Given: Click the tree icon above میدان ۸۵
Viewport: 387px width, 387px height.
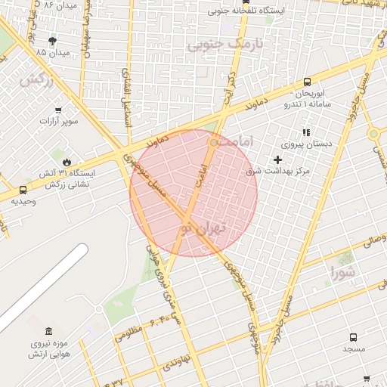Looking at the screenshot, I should [x=51, y=41].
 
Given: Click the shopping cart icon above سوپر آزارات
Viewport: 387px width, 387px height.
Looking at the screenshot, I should [x=51, y=108].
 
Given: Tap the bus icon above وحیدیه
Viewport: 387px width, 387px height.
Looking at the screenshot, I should [x=23, y=190].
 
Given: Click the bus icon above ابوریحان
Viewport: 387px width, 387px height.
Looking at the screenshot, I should [x=306, y=82].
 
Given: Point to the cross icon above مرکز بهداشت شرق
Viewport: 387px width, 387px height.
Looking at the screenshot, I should [x=278, y=159].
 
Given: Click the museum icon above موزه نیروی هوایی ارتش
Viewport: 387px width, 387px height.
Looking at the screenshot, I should [x=49, y=331].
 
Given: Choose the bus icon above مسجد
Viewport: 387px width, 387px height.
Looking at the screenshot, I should [x=353, y=337].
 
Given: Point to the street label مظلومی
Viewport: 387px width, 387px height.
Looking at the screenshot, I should [x=129, y=332].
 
